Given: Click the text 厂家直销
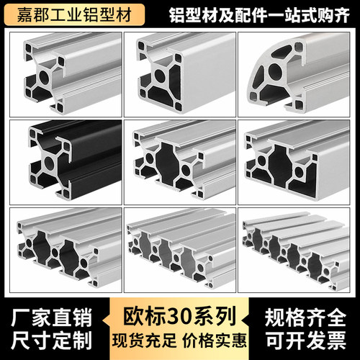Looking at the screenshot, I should pos(45,316).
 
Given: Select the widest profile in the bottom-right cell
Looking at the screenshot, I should pos(295,252).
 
